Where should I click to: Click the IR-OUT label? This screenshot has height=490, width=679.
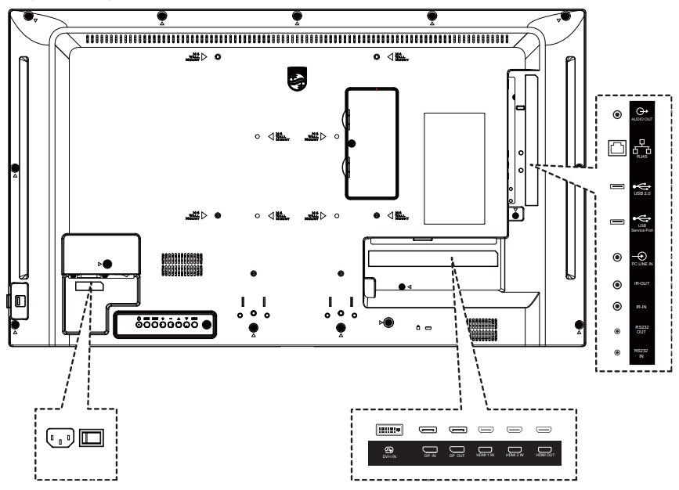click(x=642, y=284)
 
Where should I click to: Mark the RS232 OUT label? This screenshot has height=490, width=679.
click(x=642, y=330)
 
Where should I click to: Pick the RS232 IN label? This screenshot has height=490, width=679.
click(x=642, y=353)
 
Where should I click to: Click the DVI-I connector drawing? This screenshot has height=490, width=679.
click(x=389, y=429)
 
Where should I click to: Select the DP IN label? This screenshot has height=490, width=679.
click(x=429, y=452)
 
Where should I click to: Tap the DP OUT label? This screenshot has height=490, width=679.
click(x=457, y=452)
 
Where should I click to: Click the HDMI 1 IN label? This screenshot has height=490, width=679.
click(x=486, y=452)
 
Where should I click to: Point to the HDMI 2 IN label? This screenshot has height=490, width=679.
click(x=515, y=452)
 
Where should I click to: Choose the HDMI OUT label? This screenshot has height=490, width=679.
click(x=544, y=452)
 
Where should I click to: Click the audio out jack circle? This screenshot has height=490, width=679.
click(x=617, y=114)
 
